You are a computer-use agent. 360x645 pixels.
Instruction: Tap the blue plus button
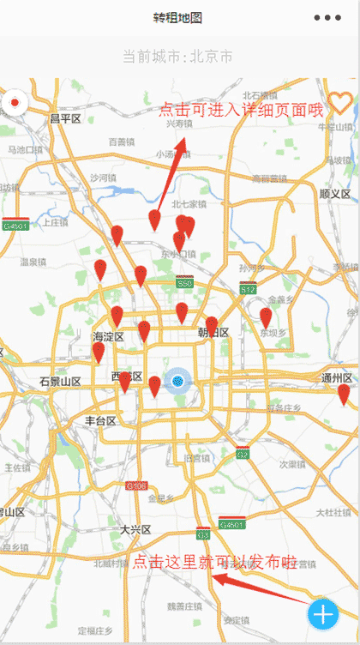[x=323, y=614]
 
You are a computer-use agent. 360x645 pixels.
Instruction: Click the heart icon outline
[x=340, y=103]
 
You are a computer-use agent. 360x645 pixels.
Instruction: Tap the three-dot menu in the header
[x=327, y=18]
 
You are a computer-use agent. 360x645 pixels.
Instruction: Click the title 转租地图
[x=177, y=18]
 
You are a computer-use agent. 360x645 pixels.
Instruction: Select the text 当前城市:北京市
[x=177, y=57]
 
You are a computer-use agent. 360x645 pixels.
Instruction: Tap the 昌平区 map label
[x=65, y=118]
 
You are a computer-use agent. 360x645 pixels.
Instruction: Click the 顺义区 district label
[x=335, y=195]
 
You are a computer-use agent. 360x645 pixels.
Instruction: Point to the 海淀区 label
[x=108, y=337]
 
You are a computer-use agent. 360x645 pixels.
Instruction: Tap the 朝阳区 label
[x=213, y=333]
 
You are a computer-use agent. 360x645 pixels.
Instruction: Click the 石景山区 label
[x=60, y=381]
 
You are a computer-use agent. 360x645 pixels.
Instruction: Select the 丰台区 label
[x=100, y=420]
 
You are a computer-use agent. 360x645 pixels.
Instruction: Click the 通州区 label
[x=337, y=378]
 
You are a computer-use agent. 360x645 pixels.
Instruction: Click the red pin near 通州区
[x=344, y=394]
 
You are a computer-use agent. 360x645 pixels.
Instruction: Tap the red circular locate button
[x=15, y=105]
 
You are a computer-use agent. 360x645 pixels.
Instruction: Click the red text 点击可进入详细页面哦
[x=242, y=109]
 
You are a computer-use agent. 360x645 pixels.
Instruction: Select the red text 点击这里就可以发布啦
[x=214, y=563]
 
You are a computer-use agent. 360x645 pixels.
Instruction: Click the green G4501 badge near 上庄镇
[x=15, y=226]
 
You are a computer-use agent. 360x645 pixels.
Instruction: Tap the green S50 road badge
[x=184, y=283]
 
